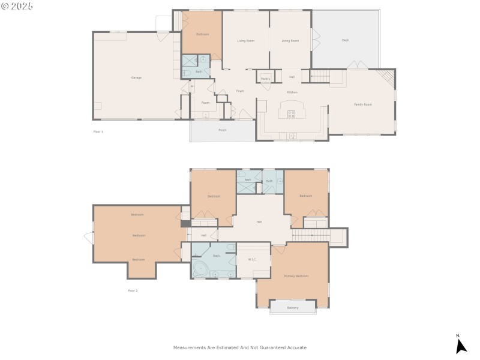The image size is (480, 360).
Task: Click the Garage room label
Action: coord(136,77)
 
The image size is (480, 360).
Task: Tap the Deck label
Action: coord(345,40)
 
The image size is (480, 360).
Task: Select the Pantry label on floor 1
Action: coord(265,79)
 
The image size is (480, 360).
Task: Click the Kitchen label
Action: coord(292,92)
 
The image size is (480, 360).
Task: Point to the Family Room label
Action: coord(362,104)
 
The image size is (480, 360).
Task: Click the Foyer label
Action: coord(239,91)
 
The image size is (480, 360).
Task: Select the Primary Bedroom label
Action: coord(296,276)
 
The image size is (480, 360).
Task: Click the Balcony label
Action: coord(292,308)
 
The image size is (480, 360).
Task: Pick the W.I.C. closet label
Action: coord(253,260)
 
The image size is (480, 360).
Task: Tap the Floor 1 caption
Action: coord(98,131)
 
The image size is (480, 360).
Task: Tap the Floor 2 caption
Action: coord(133,290)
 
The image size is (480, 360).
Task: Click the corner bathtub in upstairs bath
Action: coord(199,269)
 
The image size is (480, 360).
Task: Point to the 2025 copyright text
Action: coord(22,6)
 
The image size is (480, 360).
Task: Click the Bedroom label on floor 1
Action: coord(202,34)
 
